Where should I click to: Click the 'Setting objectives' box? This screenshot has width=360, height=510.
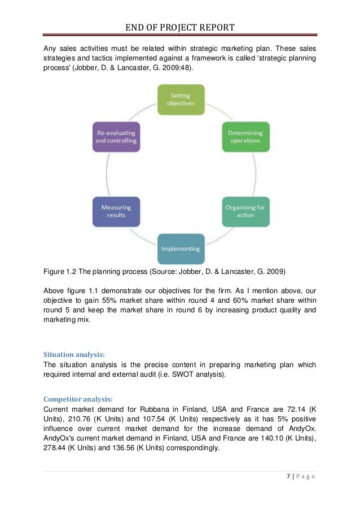point(181,99)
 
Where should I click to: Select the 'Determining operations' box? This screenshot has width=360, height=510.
point(245,137)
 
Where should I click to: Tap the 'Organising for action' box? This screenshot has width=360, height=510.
point(245,211)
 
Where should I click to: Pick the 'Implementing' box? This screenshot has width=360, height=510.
point(181,249)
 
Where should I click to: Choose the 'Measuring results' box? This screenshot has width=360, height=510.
point(116,211)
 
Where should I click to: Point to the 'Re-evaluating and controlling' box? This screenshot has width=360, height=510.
point(116,137)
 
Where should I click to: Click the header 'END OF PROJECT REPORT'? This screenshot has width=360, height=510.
point(181,27)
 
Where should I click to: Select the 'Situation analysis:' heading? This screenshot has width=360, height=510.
point(74,355)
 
